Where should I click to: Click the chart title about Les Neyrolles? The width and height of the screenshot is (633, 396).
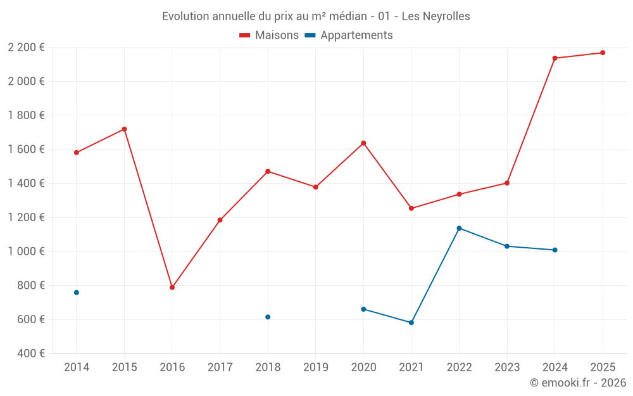point(316,16)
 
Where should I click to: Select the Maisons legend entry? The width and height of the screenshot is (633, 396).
point(269,35)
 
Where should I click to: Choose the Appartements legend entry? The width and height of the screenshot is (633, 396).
point(349,35)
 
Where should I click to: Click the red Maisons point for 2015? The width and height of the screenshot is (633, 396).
point(124,129)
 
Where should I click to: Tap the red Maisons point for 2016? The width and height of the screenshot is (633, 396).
point(172,288)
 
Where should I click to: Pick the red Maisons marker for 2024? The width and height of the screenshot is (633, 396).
point(555,58)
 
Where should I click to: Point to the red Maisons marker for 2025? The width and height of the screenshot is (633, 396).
point(603,53)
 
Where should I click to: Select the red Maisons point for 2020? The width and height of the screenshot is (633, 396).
point(363,143)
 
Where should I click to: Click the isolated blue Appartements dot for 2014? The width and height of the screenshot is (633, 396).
point(77,293)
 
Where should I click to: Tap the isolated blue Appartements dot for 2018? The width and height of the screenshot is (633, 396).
point(268,317)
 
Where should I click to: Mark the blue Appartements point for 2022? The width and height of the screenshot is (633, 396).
point(459,228)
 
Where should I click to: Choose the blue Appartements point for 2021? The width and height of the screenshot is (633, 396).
point(411,323)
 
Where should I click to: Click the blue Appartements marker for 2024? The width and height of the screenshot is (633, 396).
point(555,250)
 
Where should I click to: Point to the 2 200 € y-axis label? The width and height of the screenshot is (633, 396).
point(26,48)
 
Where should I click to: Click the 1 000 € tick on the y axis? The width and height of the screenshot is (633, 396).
point(26,252)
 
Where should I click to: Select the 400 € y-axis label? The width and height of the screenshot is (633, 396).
point(30,354)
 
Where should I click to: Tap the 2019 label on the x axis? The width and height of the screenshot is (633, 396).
point(315,367)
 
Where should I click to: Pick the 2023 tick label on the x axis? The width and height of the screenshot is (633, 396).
point(506,367)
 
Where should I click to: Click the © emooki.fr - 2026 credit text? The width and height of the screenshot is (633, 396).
point(577,383)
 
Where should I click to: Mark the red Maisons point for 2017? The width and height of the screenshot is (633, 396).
point(220,220)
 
